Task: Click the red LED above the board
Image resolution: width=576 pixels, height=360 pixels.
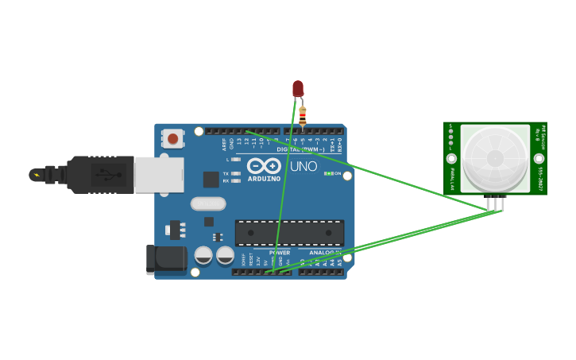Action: pyautogui.click(x=298, y=88)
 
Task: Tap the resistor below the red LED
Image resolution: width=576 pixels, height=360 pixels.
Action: pyautogui.click(x=303, y=117)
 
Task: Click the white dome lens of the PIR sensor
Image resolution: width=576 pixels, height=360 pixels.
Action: pyautogui.click(x=494, y=157)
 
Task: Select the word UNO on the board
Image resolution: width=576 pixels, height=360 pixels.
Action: pyautogui.click(x=303, y=167)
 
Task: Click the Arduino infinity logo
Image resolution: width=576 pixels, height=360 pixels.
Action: pyautogui.click(x=264, y=165)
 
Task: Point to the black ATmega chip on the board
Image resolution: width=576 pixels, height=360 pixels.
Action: pyautogui.click(x=289, y=233)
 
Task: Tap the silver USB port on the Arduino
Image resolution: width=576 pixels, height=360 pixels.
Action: pyautogui.click(x=159, y=174)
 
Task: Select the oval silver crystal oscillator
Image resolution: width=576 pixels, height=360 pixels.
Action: pyautogui.click(x=208, y=203)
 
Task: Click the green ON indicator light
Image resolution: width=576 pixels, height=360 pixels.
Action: pyautogui.click(x=328, y=173)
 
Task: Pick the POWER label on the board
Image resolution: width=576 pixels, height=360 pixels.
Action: pyautogui.click(x=280, y=253)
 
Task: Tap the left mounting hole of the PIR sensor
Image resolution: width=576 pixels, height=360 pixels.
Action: pyautogui.click(x=450, y=159)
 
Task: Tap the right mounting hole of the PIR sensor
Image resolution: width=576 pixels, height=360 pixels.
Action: pyautogui.click(x=539, y=158)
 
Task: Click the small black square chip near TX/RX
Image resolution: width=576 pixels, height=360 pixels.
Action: pyautogui.click(x=211, y=179)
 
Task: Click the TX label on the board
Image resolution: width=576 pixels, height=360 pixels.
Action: pyautogui.click(x=226, y=173)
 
